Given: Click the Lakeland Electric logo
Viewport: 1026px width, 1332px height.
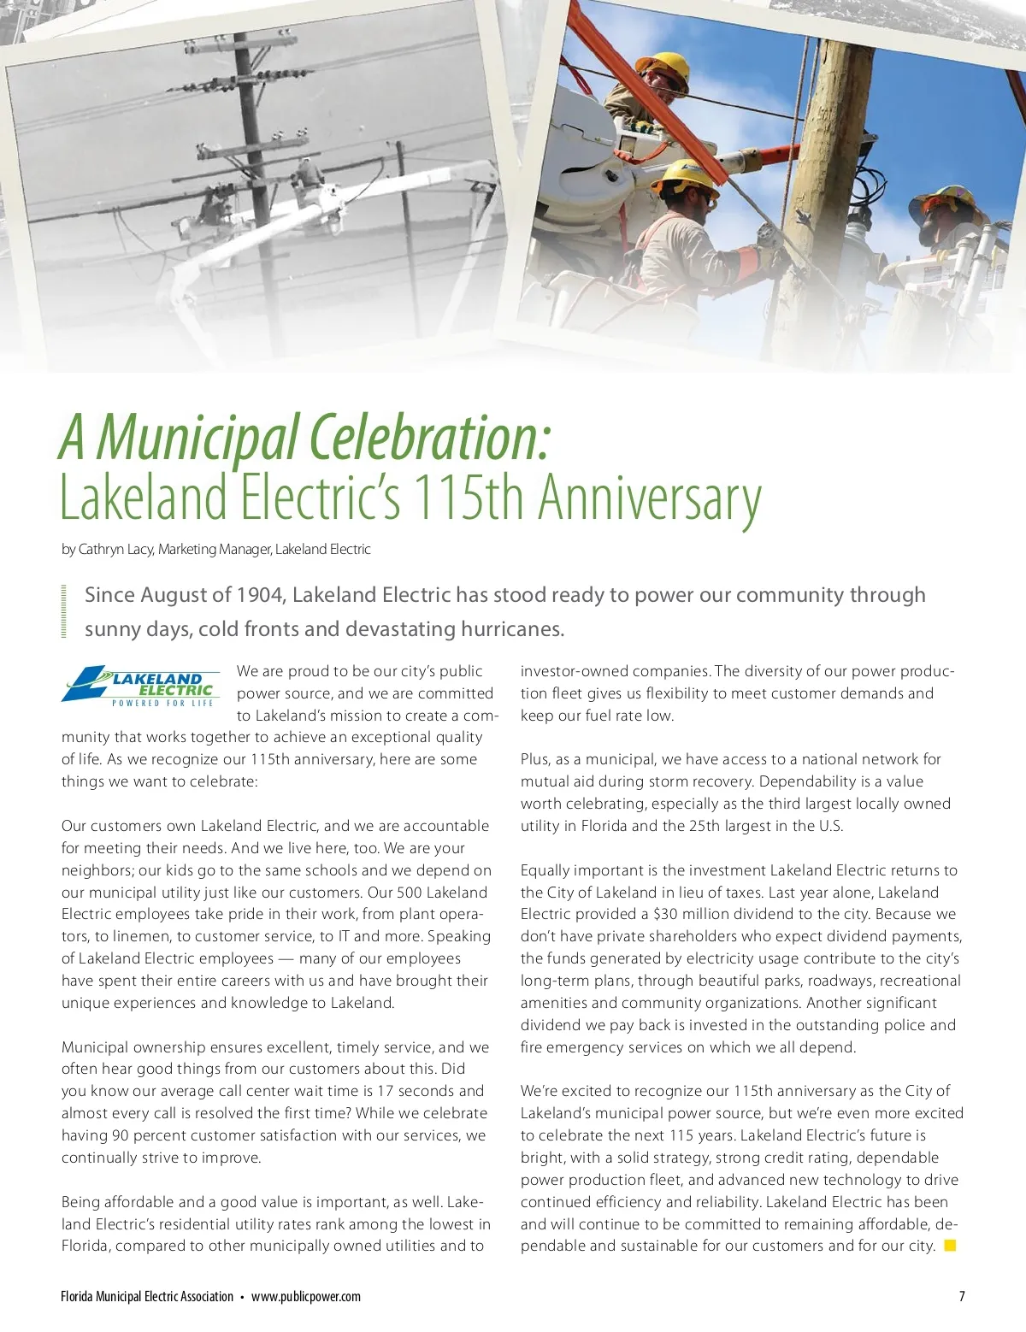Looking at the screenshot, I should tap(139, 686).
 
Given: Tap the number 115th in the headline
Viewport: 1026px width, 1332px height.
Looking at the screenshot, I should tap(468, 498).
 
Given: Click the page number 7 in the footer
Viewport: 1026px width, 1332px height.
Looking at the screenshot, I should tap(962, 1296).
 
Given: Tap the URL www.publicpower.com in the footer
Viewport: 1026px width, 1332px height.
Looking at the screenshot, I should tap(306, 1296).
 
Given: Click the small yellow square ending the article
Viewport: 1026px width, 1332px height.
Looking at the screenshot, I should tap(950, 1246).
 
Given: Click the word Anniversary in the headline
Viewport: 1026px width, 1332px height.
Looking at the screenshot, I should tap(649, 498).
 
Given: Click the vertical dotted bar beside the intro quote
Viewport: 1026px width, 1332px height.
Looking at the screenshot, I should tap(64, 610).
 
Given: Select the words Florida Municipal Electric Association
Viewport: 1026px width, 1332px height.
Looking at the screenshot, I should tap(147, 1296).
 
